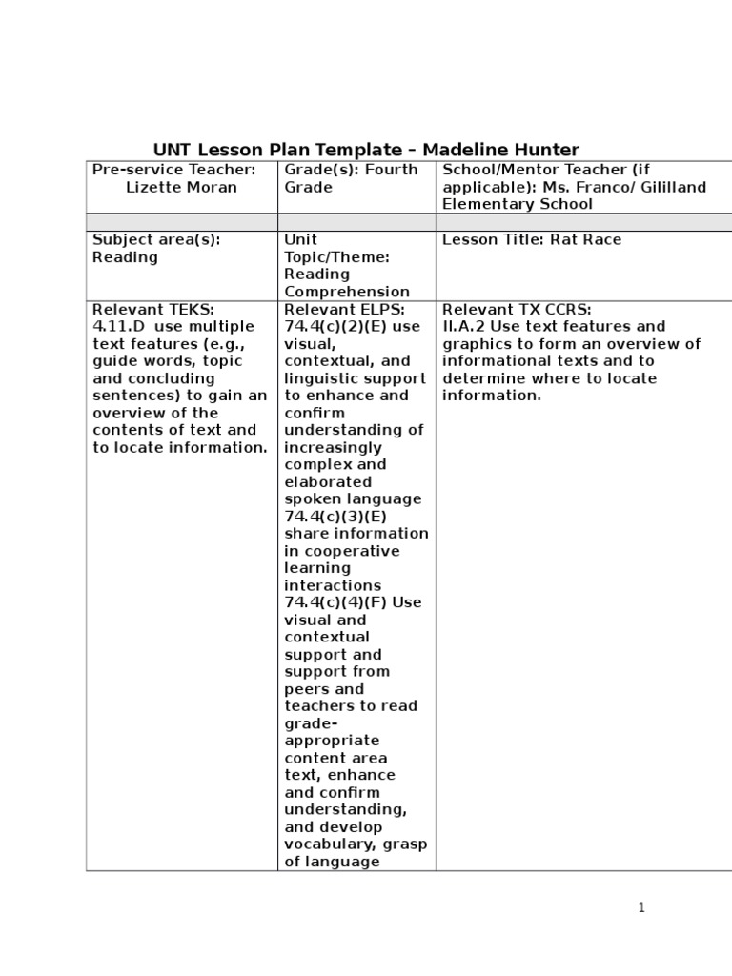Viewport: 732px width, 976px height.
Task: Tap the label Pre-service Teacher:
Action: [174, 170]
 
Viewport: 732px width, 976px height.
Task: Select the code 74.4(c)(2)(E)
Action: [336, 327]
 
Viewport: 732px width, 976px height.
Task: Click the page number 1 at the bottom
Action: [642, 907]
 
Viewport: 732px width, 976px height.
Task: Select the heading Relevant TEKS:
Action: [153, 310]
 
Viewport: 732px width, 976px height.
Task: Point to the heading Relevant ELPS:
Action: [344, 310]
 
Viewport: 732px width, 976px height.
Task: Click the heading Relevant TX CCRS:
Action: [517, 310]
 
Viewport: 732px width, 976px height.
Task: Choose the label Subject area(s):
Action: [156, 239]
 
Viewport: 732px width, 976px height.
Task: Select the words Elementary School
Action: [518, 204]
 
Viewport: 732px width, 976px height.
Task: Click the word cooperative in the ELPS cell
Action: [341, 551]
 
